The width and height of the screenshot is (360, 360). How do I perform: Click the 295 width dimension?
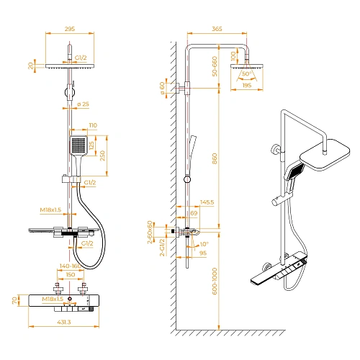point(71,30)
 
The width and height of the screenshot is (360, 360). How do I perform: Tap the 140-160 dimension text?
point(71,266)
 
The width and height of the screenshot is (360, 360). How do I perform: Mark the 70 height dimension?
point(14,300)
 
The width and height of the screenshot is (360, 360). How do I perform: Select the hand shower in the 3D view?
point(294,176)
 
